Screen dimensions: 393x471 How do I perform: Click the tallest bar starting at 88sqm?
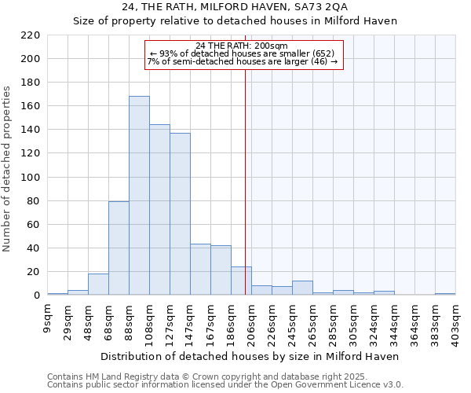pos(139,196)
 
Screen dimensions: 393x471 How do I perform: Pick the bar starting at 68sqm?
pos(119,248)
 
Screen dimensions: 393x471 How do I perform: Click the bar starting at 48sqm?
pos(98,285)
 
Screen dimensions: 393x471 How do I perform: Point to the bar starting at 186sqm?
pos(241,281)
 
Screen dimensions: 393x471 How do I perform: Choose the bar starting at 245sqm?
pos(302,288)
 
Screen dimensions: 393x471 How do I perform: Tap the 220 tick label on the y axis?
pos(31,35)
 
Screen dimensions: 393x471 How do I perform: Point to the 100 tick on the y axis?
pos(31,178)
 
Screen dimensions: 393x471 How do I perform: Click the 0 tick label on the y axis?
pos(37,296)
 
